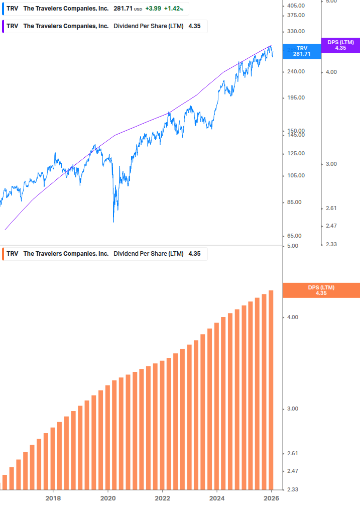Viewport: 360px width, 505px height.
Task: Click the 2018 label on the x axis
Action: pos(53,498)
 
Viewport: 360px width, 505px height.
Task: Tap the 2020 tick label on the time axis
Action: pos(108,498)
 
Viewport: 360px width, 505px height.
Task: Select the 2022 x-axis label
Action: pos(162,498)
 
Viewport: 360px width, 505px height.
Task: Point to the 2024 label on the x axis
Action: pos(217,498)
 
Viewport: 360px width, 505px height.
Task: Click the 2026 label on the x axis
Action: pos(271,498)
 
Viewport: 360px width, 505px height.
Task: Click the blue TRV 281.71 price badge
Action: pos(301,51)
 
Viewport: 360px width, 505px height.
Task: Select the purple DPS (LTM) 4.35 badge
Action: pos(340,45)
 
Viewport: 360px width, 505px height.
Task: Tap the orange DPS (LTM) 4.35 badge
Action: pos(321,290)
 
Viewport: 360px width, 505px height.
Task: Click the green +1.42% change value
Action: pos(173,9)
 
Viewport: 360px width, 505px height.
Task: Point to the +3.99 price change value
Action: pos(153,9)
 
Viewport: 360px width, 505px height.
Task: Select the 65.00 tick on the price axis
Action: pos(296,236)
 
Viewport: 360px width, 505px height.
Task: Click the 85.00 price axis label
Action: pos(296,203)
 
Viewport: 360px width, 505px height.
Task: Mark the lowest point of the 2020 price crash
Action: pos(113,222)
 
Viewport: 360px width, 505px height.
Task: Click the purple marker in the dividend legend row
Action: pos(3,26)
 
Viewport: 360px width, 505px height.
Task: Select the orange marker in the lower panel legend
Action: pos(3,254)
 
